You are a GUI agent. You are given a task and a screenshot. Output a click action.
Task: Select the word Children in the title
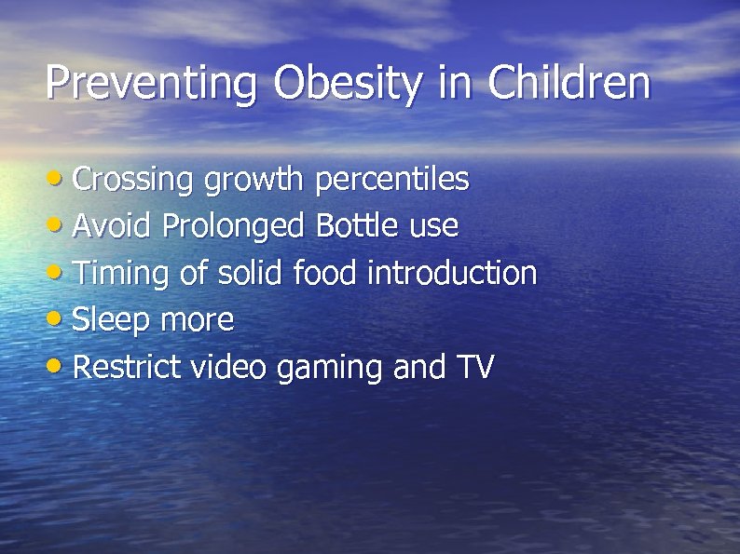click(x=569, y=82)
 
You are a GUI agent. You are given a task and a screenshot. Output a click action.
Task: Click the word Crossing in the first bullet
click(x=133, y=180)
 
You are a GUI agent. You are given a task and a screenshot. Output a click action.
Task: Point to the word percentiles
click(x=392, y=179)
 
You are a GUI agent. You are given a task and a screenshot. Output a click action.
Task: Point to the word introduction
click(x=452, y=274)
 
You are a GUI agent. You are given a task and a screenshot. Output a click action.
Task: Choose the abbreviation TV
click(x=474, y=368)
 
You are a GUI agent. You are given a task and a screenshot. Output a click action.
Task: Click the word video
click(x=229, y=368)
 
